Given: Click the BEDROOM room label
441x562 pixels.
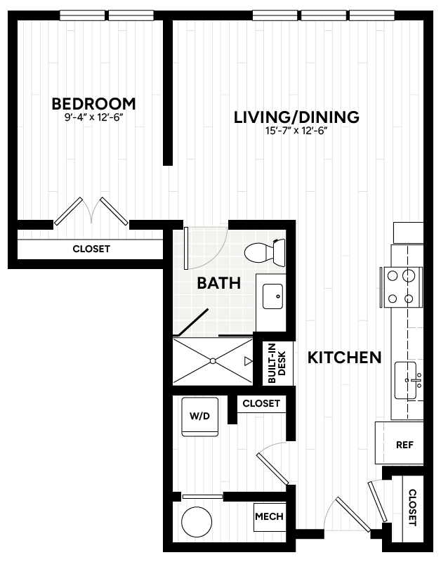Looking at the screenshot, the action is [94, 104].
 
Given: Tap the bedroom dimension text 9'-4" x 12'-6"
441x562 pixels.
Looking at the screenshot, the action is [94, 117].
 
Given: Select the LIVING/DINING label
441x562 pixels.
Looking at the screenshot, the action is [296, 117].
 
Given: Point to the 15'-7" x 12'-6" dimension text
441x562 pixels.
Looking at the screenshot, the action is [296, 131].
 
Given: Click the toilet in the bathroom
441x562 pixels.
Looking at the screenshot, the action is [265, 252].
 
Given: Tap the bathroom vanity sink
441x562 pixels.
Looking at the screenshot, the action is [272, 296].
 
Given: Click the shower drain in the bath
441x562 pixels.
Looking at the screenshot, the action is [213, 361].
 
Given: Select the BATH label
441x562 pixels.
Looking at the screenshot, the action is [219, 283].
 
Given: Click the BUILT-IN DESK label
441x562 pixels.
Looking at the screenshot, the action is [277, 363].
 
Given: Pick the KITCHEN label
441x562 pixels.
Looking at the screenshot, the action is [345, 358].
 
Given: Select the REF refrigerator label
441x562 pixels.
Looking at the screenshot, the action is [404, 445].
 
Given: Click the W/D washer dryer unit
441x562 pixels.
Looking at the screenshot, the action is [200, 417].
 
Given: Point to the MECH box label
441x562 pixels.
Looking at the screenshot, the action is [270, 516].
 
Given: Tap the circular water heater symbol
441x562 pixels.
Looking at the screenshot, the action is [197, 521].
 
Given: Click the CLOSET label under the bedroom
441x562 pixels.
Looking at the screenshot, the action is [91, 249].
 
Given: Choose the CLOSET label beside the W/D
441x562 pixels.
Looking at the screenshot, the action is [261, 403].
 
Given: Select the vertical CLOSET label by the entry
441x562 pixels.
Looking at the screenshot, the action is [413, 507].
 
